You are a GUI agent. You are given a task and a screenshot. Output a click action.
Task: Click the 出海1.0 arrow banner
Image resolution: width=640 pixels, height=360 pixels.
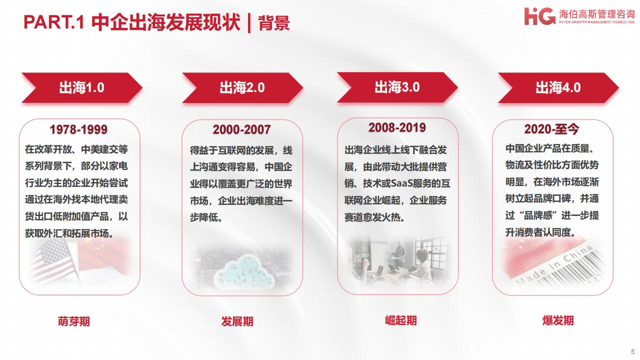pos(82,87)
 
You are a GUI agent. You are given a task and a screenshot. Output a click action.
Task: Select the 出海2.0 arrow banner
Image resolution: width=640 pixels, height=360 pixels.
pos(242,87)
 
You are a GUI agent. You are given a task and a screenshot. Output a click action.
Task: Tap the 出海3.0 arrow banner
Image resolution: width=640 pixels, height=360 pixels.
pos(397,87)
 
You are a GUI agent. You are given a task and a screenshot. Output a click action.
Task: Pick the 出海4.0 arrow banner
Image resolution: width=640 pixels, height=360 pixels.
pos(558,87)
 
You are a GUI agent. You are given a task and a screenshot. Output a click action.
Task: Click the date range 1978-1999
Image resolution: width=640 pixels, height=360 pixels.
pos(78,129)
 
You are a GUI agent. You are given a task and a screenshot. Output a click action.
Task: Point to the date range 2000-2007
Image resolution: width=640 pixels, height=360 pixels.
pos(241,129)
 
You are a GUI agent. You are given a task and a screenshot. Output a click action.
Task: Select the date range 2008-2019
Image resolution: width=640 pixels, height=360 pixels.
pos(397,127)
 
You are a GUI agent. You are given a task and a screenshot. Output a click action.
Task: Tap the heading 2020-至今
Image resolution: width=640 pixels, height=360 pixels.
pos(551,129)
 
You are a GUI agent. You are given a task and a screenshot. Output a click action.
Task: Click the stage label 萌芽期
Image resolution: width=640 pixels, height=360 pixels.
pos(74,321)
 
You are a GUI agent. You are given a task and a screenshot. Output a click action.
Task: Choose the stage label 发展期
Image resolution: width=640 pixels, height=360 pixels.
pos(237,321)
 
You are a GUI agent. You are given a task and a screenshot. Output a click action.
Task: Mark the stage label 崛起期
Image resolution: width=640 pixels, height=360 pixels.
pos(401,320)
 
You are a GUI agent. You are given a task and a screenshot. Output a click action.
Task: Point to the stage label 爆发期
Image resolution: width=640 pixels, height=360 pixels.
pos(558,320)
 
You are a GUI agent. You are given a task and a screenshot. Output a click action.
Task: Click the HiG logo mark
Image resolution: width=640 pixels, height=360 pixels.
pos(539,16)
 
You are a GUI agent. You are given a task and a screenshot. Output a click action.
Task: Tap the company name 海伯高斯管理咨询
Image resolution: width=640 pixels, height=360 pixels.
pos(596,13)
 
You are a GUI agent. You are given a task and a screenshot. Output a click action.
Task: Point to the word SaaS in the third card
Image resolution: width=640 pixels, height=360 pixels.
pos(401,183)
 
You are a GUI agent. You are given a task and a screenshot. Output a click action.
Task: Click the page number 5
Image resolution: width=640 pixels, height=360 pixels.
pos(633,351)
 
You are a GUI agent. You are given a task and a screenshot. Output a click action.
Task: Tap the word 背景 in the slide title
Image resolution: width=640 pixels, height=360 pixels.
pos(274,23)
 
